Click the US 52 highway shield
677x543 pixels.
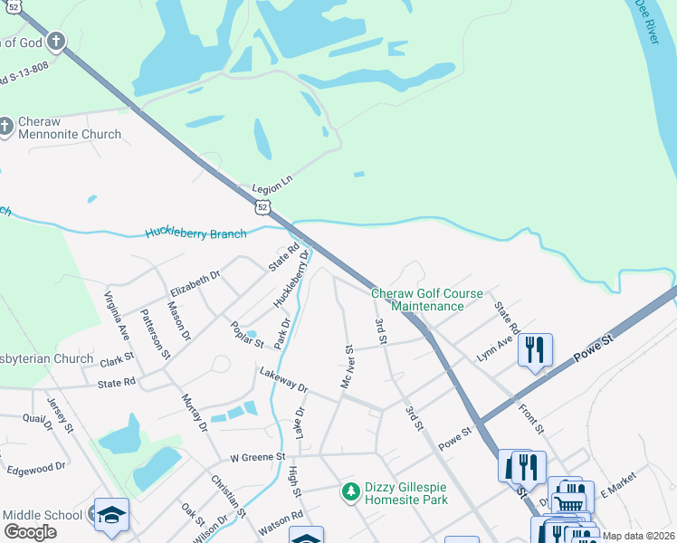pyautogui.click(x=262, y=207)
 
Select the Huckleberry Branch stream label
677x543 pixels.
pyautogui.click(x=195, y=233)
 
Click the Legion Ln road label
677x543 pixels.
pyautogui.click(x=273, y=182)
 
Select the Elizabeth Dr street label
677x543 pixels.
pyautogui.click(x=195, y=285)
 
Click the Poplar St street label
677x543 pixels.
pyautogui.click(x=245, y=336)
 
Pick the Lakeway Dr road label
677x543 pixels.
pyautogui.click(x=283, y=380)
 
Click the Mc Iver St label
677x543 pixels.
pyautogui.click(x=347, y=367)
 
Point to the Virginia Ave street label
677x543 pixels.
pyautogui.click(x=118, y=314)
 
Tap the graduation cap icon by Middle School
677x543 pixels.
pyautogui.click(x=111, y=514)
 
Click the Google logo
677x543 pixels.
pyautogui.click(x=30, y=532)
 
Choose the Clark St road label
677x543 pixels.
pyautogui.click(x=117, y=358)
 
